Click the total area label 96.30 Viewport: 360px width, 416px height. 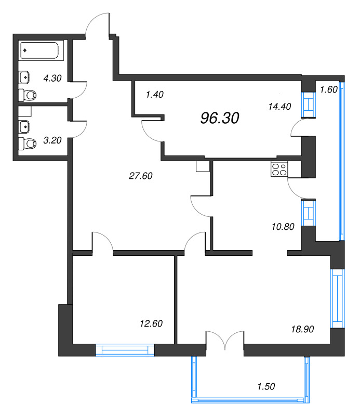click(220, 118)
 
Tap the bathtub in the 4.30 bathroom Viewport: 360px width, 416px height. click(41, 50)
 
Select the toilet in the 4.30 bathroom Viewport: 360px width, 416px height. click(28, 95)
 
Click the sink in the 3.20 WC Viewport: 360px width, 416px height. click(24, 127)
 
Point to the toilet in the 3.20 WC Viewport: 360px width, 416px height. click(28, 144)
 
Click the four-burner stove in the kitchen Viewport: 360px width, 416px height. click(279, 170)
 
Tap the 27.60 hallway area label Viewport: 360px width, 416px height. click(140, 176)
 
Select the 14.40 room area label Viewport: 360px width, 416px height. click(279, 107)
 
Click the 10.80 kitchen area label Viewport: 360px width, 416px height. click(283, 227)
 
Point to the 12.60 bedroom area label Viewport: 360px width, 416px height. click(151, 323)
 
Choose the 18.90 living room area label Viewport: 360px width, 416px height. click(302, 329)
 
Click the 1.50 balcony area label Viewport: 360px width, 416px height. click(266, 386)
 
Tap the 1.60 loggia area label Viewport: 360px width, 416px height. click(329, 89)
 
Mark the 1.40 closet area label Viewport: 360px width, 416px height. click(155, 95)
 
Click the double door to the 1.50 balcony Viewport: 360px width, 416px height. click(225, 340)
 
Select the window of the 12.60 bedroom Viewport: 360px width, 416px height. click(125, 350)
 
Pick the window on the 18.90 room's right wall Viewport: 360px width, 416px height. click(338, 298)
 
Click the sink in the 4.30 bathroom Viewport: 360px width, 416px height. click(24, 77)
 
